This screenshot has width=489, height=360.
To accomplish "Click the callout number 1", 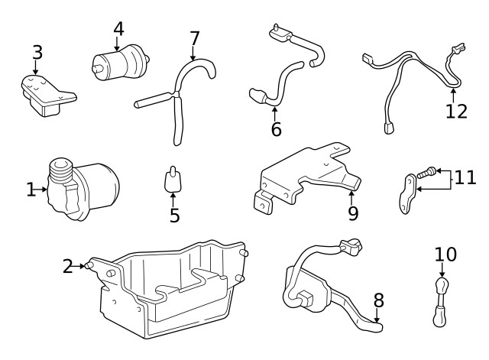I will pos(31,189).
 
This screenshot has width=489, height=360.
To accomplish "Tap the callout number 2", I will pos(68,266).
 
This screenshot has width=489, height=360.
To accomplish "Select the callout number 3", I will pos(37,53).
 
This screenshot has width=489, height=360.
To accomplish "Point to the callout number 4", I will pos(118,29).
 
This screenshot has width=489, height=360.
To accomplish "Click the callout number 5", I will pos(174,216).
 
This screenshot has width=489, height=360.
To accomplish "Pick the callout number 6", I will pos(276,129).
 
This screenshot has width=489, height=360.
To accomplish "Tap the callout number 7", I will pos(194,37).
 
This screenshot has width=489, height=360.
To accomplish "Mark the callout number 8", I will pos(377,300).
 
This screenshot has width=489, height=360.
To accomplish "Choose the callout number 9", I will pos(352,213).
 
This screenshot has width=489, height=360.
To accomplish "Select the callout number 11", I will pos(465,178).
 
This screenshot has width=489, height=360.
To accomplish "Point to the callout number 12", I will pos(455,112).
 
